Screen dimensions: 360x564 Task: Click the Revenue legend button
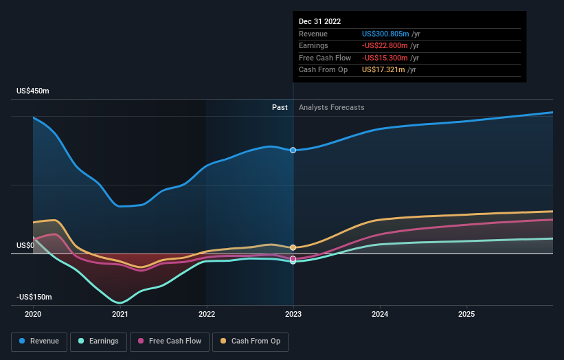coord(39,341)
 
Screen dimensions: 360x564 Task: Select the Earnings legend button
coord(98,341)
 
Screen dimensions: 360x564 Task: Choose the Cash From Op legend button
coord(251,341)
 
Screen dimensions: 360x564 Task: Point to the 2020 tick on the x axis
coord(33,314)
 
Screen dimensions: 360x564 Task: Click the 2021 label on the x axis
coord(120,314)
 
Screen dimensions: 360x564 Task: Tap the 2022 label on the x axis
coord(207,314)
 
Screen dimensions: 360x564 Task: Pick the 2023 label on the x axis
coord(293,314)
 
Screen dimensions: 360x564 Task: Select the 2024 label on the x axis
coord(380,314)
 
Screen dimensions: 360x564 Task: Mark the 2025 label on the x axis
coord(466,314)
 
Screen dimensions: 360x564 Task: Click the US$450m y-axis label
coord(33,91)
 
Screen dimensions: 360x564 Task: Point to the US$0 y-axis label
coord(26,245)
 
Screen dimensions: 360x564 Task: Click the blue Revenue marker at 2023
coord(293,150)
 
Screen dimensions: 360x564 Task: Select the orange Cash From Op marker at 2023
coord(293,247)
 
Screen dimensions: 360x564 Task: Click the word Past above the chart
coord(280,107)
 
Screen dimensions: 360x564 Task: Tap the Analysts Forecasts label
coord(331,107)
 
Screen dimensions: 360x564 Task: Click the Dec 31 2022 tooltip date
coord(319,21)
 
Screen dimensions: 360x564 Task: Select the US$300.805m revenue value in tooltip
coord(385,34)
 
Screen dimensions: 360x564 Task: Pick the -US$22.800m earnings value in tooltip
coord(385,46)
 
